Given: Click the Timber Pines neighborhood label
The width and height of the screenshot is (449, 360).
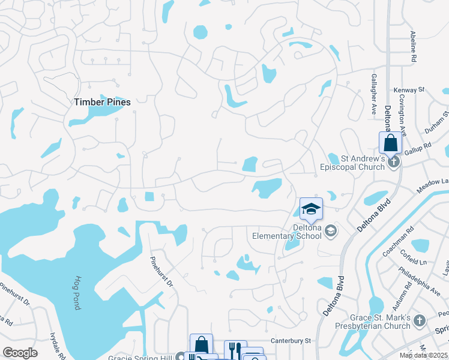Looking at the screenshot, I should [x=102, y=102].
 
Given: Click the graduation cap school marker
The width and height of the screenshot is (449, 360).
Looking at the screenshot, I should [x=311, y=209].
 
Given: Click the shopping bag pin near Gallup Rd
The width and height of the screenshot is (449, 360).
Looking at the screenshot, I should [x=390, y=143].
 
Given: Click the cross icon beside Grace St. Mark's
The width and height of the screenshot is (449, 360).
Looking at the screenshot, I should [x=420, y=322].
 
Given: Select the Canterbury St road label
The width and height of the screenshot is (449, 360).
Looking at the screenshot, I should [x=290, y=340].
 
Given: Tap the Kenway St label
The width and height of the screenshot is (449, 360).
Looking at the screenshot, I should [x=409, y=90].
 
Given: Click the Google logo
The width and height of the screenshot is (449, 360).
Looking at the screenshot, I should [x=20, y=353].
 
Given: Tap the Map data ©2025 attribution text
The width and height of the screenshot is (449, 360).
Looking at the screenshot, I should [x=424, y=355].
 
